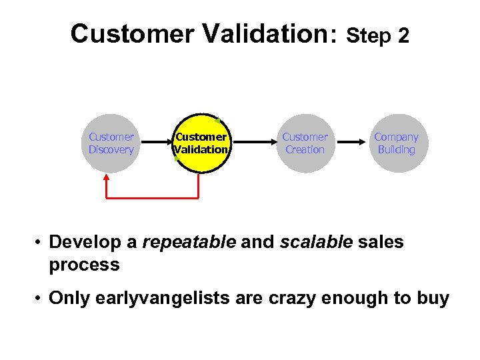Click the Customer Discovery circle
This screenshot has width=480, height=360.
pos(111,143)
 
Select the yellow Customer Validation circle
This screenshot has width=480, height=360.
pos(201,143)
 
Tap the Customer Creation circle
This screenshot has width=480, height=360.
pos(305,143)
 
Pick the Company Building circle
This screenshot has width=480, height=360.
pos(396,143)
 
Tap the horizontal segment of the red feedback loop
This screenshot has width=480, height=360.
pos(153,198)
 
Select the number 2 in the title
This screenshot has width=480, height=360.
pos(403,36)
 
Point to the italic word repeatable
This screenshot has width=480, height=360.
pos(189,242)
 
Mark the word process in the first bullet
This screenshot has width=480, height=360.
pos(84,265)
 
